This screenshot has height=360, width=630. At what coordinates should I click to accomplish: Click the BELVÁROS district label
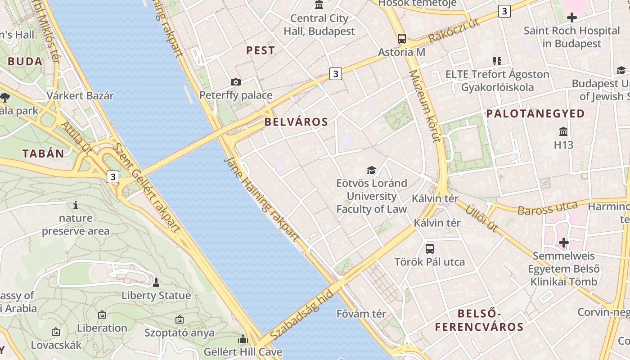tap(296, 121)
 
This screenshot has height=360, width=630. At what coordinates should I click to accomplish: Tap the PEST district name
tap(261, 50)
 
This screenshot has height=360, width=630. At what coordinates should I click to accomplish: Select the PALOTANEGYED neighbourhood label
tap(535, 113)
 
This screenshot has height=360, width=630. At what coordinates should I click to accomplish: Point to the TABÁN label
tap(44, 153)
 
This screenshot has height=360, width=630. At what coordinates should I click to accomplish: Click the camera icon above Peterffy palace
tap(235, 82)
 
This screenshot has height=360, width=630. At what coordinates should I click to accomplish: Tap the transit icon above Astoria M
tap(401, 39)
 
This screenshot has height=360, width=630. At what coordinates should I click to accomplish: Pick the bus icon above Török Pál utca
tap(430, 248)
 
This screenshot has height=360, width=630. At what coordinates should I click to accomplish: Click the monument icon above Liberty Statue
tap(156, 283)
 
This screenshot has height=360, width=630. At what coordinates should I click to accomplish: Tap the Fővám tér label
tap(361, 314)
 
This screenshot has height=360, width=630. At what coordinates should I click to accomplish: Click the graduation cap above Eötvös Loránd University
tap(371, 170)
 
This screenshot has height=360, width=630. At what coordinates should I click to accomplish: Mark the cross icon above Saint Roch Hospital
tap(572, 18)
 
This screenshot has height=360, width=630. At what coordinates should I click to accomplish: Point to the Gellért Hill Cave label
tap(243, 351)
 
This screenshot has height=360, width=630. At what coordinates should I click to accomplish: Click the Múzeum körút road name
tap(425, 106)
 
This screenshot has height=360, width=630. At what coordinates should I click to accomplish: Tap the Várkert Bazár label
tap(81, 95)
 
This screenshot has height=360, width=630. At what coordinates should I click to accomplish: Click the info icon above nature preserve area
tap(76, 205)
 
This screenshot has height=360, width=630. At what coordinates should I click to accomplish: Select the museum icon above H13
tap(563, 132)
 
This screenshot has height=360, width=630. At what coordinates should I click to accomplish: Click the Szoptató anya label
tap(180, 333)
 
